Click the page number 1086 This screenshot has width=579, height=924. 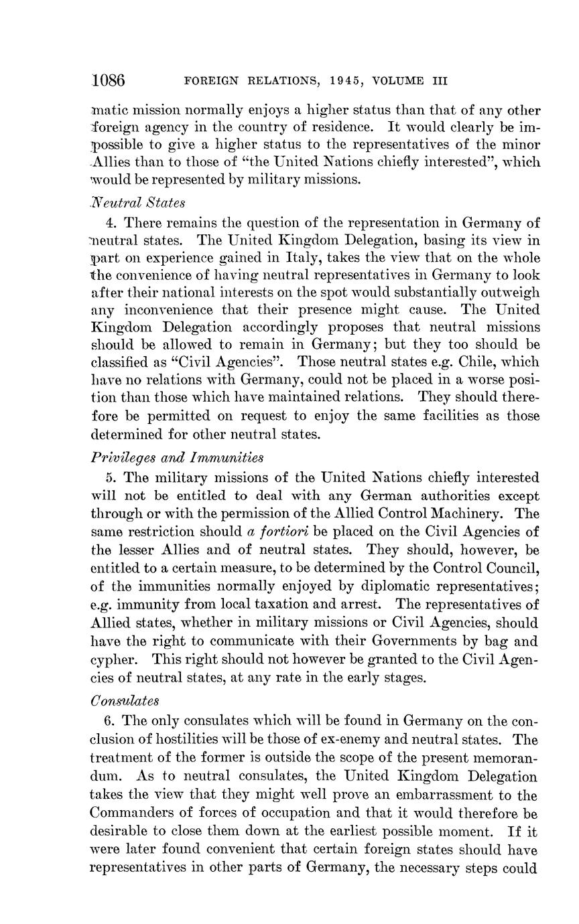tap(109, 81)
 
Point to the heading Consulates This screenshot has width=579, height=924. tap(125, 701)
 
